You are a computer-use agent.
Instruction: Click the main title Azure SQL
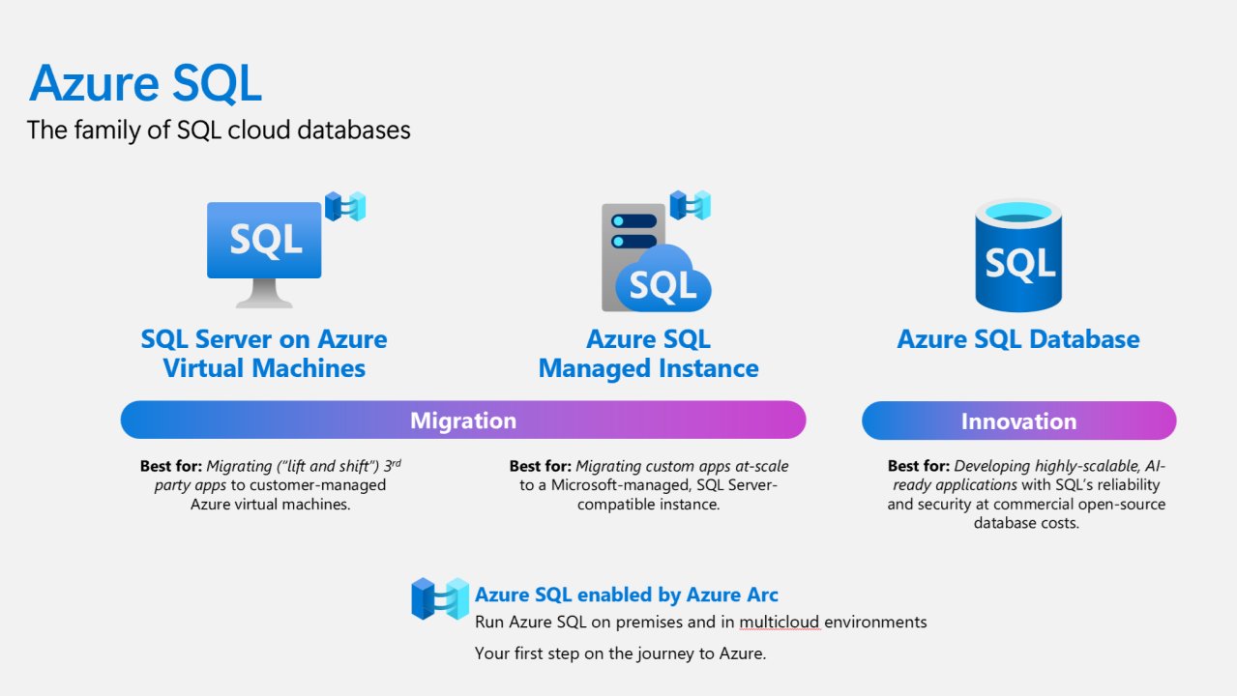coord(145,83)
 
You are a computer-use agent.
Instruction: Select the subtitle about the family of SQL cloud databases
coord(219,130)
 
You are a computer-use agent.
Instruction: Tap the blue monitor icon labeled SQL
coord(264,240)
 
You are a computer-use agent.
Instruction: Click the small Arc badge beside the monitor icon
coord(345,206)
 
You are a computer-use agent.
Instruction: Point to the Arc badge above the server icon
coord(691,205)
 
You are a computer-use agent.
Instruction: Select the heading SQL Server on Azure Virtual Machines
coord(264,354)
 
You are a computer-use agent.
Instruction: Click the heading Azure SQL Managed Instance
coord(648,354)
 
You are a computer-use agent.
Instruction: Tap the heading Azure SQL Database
coord(1018,339)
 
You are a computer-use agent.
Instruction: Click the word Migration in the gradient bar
coord(463,420)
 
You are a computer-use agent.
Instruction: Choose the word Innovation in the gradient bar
coord(1018,420)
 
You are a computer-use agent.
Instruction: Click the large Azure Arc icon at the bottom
coord(440,598)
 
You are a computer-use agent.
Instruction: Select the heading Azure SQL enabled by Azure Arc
coord(626,594)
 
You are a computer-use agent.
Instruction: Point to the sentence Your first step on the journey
coord(620,653)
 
